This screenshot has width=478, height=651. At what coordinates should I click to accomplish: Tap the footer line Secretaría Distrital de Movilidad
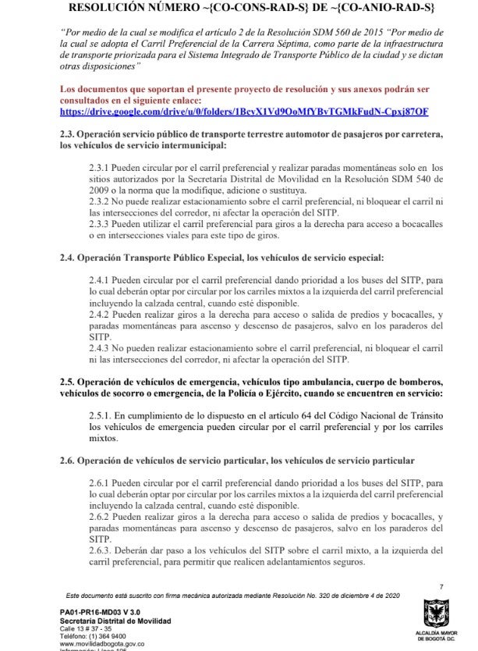[x=115, y=621]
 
